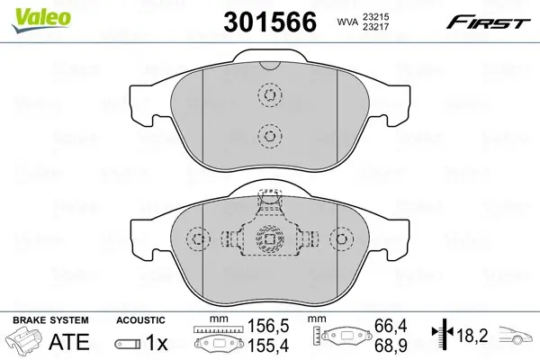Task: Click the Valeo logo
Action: [41, 20]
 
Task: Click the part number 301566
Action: [270, 22]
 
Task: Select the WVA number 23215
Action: [375, 16]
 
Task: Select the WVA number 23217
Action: [375, 26]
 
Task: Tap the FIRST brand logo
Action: [488, 22]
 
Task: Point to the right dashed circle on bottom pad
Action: [341, 238]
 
